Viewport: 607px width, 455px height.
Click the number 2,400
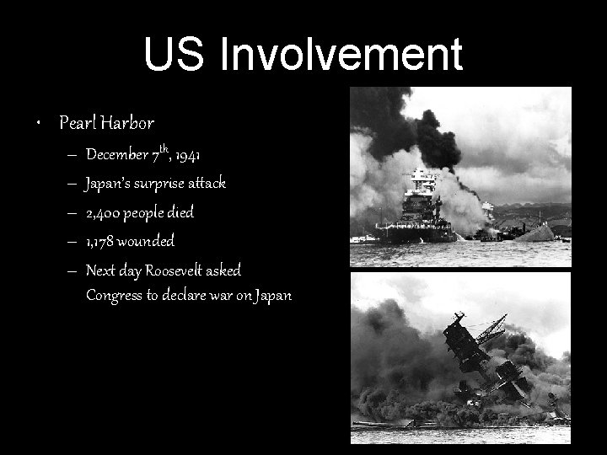(x=104, y=212)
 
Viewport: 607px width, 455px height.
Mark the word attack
(x=209, y=184)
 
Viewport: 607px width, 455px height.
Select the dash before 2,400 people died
(x=67, y=212)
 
